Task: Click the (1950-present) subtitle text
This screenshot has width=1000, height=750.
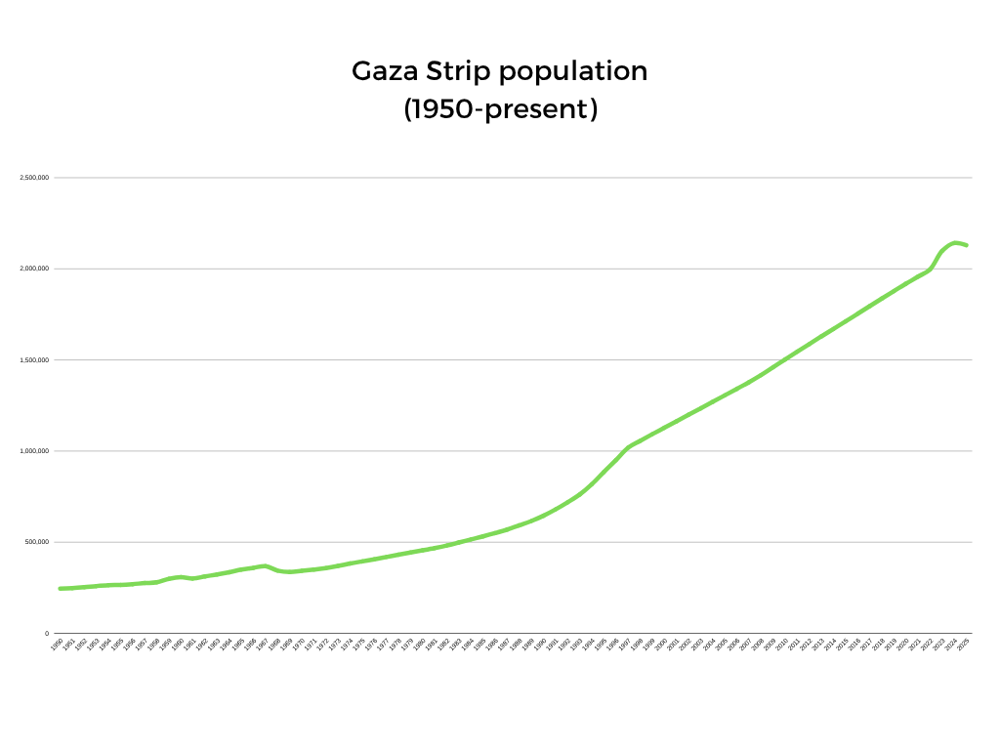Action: click(x=500, y=109)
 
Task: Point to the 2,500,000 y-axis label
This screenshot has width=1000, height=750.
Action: click(x=34, y=178)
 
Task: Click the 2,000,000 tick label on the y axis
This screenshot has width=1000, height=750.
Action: click(x=34, y=269)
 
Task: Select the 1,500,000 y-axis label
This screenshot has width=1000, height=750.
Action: click(x=34, y=360)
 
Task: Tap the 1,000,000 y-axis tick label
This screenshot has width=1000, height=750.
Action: click(x=34, y=451)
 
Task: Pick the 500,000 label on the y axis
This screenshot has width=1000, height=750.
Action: click(x=36, y=542)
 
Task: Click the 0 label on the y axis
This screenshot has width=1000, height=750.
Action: click(x=47, y=633)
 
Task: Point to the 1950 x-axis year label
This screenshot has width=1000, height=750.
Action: click(x=58, y=646)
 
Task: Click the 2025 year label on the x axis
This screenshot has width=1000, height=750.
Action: click(x=963, y=646)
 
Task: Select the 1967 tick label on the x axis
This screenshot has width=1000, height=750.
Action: click(x=263, y=646)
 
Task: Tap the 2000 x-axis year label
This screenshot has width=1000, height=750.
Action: click(x=661, y=646)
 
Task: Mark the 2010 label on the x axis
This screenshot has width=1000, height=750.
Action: click(x=782, y=646)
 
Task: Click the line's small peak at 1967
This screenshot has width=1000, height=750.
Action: click(x=265, y=565)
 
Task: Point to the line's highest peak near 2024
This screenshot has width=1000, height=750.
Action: click(x=954, y=242)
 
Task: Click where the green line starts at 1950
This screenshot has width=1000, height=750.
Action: click(x=61, y=588)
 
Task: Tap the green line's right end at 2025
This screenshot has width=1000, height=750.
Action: click(x=966, y=245)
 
